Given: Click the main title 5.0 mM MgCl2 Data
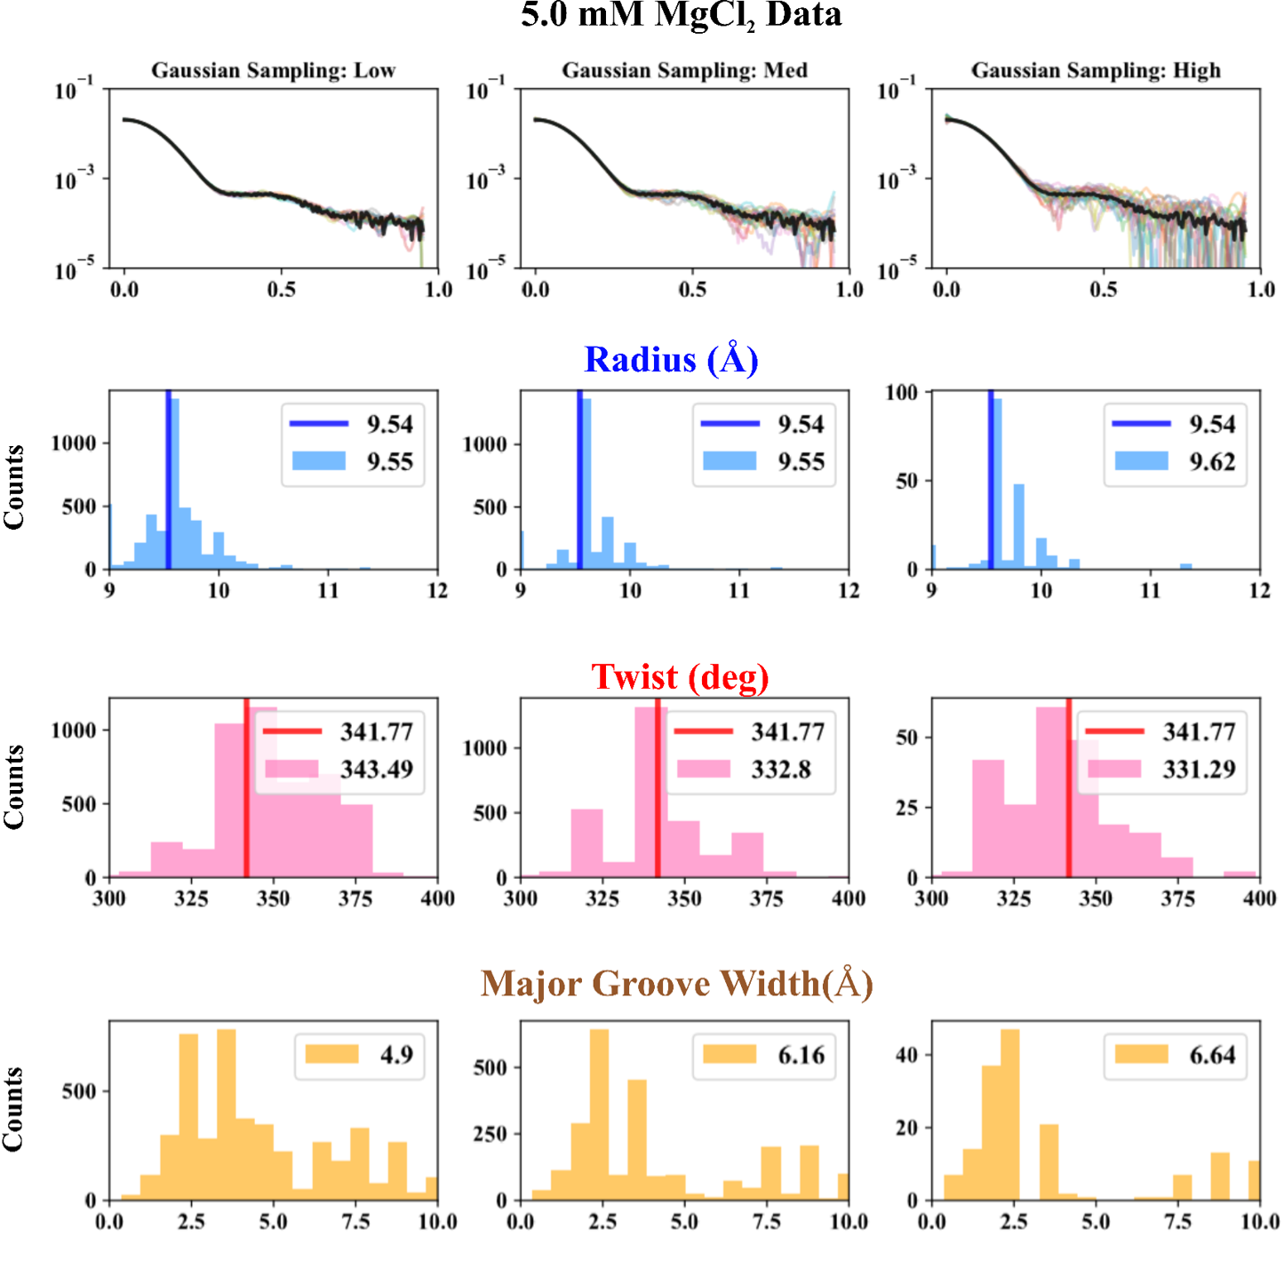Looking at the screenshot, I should coord(681,16).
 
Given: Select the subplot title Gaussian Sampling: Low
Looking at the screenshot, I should coord(273,70).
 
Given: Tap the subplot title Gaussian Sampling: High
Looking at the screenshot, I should coord(1095,70).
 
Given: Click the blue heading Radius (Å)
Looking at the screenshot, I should coord(671,360).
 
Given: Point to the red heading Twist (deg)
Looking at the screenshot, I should coord(680,677).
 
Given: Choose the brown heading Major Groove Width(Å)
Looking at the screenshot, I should coord(676,984).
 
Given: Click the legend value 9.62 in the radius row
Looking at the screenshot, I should coord(1212,461).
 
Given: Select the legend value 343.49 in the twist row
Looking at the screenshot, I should coord(377,769).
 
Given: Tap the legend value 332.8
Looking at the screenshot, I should coord(781,769).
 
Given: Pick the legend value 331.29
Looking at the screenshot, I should coord(1199,769).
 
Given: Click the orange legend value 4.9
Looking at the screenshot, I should coord(396,1055).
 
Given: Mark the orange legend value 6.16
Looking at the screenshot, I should coord(801,1055).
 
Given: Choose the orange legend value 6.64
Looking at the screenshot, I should coord(1212,1055).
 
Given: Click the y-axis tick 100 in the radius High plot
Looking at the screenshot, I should coord(901,392).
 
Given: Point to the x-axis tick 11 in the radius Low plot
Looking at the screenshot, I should coord(328,590).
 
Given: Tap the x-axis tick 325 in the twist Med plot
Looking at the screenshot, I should coord(602,898).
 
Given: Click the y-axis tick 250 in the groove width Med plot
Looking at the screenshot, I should coord(489,1134).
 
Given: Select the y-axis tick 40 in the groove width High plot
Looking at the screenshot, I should coord(906,1055).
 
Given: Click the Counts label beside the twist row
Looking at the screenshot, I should coord(13,787).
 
